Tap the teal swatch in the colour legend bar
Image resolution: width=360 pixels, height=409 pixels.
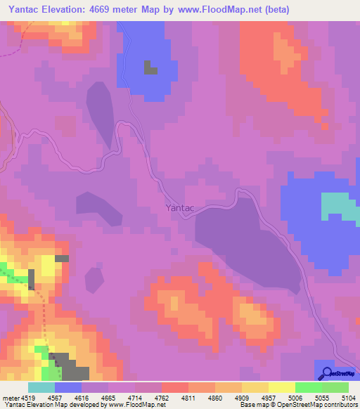tap(41, 388)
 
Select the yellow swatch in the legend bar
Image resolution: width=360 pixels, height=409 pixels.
tap(281, 388)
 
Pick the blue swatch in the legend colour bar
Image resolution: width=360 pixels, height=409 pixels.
tap(68, 388)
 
